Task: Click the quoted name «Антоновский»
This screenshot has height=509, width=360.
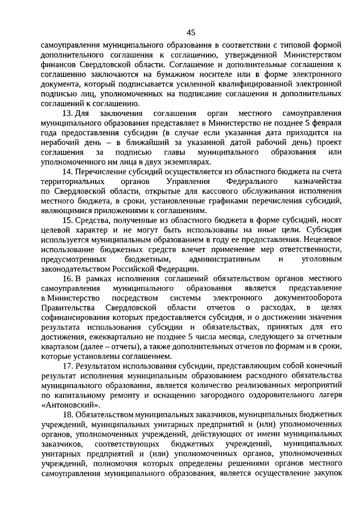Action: [x=71, y=404]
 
